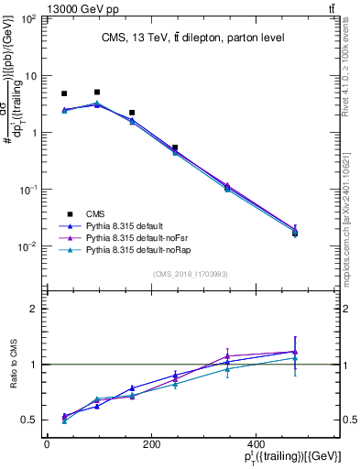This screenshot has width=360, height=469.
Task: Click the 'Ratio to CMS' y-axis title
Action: pyautogui.click(x=12, y=365)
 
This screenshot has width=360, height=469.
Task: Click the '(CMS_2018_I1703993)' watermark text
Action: pyautogui.click(x=191, y=274)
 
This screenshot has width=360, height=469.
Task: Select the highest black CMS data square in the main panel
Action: pyautogui.click(x=97, y=92)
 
